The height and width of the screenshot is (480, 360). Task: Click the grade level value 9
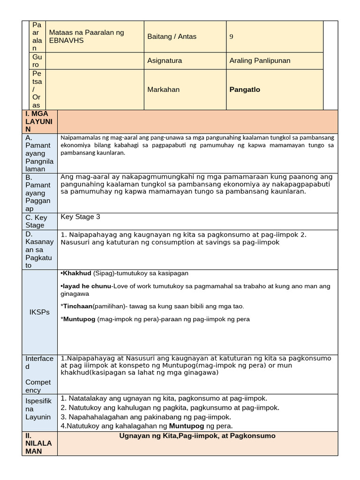(231, 37)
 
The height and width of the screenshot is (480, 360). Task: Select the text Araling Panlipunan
(260, 60)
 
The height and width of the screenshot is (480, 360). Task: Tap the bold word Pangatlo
(245, 90)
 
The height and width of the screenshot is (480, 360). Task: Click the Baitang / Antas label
(172, 37)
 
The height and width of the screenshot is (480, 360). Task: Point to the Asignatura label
(165, 60)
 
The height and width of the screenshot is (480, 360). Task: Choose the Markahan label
(163, 90)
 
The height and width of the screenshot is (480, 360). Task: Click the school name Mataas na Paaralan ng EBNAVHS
(86, 37)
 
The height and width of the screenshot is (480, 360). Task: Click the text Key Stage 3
(80, 217)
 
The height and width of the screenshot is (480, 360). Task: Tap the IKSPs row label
(39, 312)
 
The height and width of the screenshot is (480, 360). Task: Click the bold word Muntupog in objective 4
(187, 426)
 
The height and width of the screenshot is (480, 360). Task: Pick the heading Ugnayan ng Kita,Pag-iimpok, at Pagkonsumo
(197, 436)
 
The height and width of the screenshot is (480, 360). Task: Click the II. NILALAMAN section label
(39, 443)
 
